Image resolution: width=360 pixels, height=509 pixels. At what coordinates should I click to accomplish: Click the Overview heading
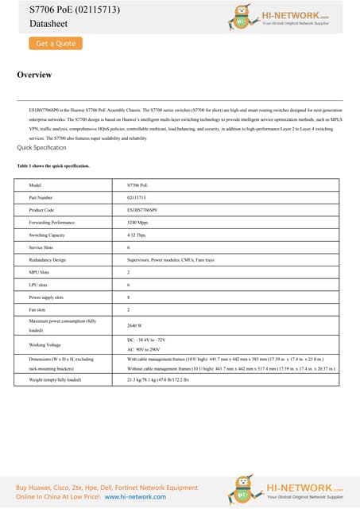[34, 75]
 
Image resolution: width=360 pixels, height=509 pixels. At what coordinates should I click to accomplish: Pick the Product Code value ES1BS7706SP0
[143, 209]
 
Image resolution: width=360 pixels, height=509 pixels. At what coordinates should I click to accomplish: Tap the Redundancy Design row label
[48, 260]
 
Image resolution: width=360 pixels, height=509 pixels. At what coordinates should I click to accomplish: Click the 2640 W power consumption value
[135, 325]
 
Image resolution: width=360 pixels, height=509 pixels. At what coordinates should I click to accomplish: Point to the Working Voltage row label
[45, 344]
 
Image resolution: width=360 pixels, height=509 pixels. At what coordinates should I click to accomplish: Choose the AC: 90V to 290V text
[149, 349]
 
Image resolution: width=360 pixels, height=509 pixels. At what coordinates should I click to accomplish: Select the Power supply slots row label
[48, 296]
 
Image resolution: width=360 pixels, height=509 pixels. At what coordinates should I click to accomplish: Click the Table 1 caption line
[53, 165]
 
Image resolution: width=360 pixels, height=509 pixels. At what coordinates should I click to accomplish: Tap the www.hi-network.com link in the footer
[135, 495]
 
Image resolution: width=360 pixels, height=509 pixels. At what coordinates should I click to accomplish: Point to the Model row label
[35, 184]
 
